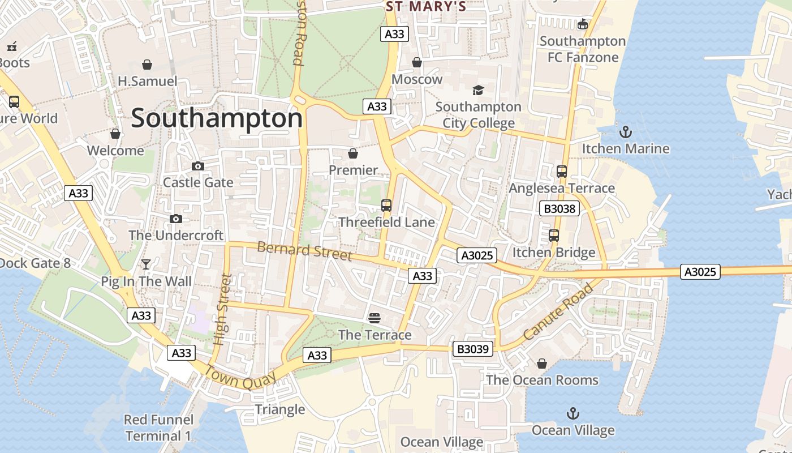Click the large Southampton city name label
(x=217, y=119)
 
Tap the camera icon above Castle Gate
(x=197, y=166)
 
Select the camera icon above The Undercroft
(x=176, y=219)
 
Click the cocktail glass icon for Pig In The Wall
(x=146, y=264)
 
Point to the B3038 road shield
(x=559, y=208)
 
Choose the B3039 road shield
(x=472, y=349)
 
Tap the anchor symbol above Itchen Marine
(x=625, y=133)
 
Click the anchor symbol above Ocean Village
(x=573, y=413)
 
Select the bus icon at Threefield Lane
(x=386, y=206)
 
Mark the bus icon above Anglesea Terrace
(x=561, y=172)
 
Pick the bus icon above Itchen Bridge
(x=554, y=236)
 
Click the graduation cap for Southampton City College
(x=478, y=91)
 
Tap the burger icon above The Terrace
(x=375, y=318)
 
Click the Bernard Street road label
(x=304, y=251)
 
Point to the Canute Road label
(x=558, y=312)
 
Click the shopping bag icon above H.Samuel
(x=147, y=65)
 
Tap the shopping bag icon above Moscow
(x=417, y=62)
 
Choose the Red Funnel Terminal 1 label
(x=158, y=428)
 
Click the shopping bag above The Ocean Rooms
(x=541, y=364)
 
